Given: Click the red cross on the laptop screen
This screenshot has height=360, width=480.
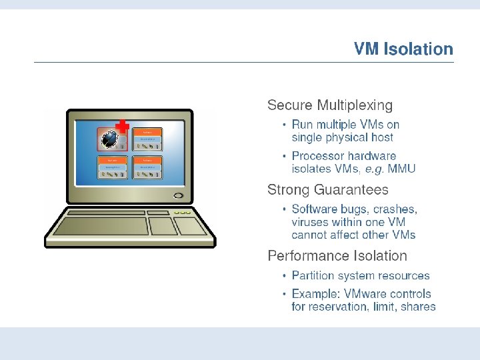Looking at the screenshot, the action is coord(121,126).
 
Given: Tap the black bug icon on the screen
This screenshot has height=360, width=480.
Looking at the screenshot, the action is coord(110,139).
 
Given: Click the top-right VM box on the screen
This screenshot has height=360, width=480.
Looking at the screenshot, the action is coord(147,139).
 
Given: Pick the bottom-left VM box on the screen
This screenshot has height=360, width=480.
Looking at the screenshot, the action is coord(113,167).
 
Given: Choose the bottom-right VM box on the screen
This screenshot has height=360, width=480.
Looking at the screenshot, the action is coord(147,167).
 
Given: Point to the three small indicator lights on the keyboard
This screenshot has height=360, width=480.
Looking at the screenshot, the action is coord(181,212).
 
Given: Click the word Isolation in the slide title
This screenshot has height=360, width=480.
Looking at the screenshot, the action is coord(418,49).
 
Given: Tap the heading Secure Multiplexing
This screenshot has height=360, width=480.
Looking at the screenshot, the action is coord(330,105).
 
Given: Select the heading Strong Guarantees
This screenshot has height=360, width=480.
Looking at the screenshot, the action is coord(327,190).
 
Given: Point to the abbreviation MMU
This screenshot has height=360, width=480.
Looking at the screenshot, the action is coord(403,169).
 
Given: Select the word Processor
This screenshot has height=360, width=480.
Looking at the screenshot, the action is coord(317,156).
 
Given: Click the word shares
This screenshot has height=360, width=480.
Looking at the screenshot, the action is coord(419,307).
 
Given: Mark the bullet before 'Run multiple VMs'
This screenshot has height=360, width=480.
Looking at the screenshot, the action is coord(285,125).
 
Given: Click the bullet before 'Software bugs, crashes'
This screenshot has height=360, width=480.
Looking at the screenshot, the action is coord(285,209).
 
